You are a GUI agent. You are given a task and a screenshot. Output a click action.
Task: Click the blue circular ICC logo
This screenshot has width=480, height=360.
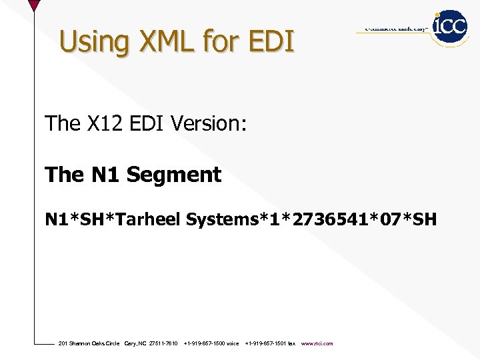[x=450, y=27]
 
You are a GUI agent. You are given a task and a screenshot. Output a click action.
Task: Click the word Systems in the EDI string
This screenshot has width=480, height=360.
[x=220, y=219]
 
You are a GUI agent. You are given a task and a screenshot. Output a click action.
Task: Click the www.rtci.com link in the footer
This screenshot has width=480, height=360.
[x=317, y=343]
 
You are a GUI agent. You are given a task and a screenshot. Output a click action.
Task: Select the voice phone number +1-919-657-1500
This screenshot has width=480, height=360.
[x=211, y=343]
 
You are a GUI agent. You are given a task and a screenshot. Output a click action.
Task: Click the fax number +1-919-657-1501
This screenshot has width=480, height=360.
[x=270, y=343]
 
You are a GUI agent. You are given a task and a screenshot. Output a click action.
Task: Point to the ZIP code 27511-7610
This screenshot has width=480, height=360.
[x=163, y=343]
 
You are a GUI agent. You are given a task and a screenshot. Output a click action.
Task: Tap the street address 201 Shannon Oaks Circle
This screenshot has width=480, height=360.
[x=89, y=343]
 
